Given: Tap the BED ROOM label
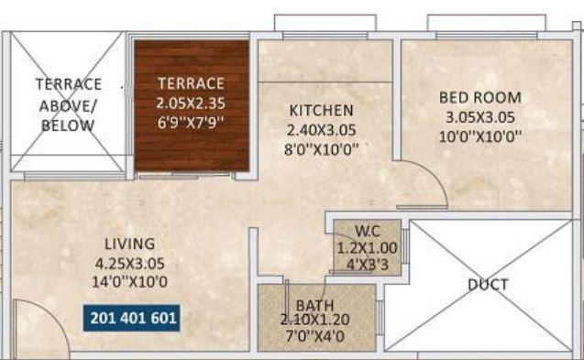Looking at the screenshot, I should [x=479, y=97].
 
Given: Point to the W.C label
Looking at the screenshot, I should [x=366, y=231].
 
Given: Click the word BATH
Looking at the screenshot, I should [x=314, y=304].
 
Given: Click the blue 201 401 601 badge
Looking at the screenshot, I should [x=133, y=318].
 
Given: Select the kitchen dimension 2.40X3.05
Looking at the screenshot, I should [x=317, y=129].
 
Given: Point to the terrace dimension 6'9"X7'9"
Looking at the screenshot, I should [x=191, y=121].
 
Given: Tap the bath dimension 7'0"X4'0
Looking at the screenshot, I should [x=314, y=336].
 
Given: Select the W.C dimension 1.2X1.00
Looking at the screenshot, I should [x=366, y=246].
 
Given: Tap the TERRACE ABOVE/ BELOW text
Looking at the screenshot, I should [x=69, y=104].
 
